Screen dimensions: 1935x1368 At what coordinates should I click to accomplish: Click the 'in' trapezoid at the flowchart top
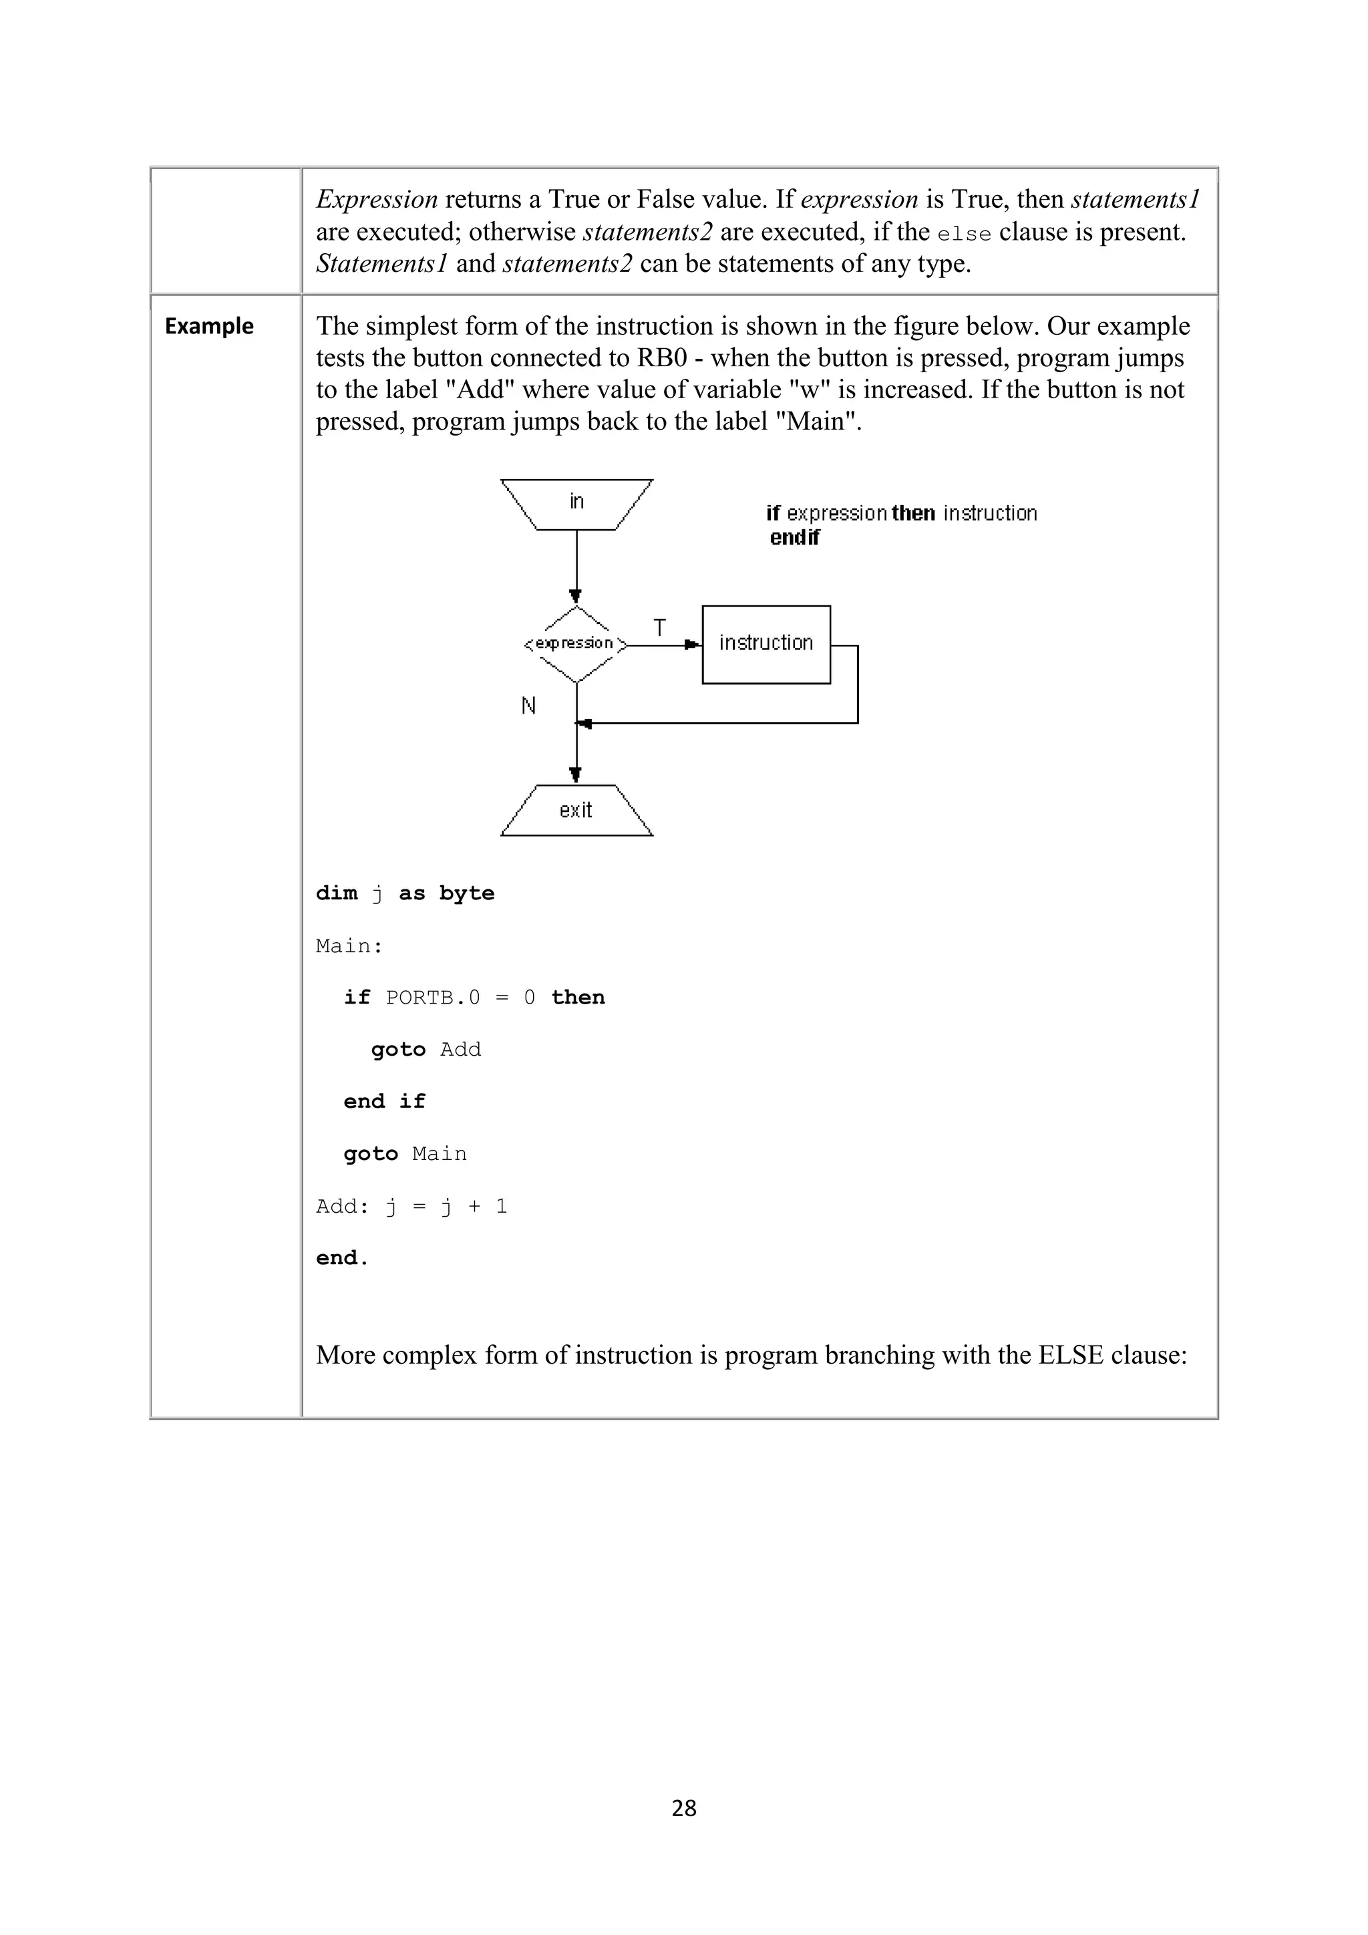tap(576, 503)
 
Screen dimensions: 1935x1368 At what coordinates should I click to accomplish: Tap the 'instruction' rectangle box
tap(765, 644)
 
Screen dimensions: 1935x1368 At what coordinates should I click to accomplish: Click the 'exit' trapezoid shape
tap(576, 810)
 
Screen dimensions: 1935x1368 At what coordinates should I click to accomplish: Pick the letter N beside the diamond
tap(528, 706)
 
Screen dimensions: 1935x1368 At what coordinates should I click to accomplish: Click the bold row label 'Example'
tap(209, 326)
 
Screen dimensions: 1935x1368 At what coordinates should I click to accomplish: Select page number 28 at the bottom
tap(684, 1808)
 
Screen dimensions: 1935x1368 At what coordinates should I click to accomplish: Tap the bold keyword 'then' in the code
tap(578, 998)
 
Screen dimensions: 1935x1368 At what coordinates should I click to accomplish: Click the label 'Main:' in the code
tap(349, 946)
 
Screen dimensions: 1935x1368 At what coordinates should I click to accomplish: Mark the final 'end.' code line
tap(342, 1258)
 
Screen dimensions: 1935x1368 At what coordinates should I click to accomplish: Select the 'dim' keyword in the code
tap(336, 893)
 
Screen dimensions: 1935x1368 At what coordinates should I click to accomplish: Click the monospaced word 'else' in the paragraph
tap(964, 233)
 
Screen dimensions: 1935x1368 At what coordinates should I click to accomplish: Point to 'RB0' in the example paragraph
tap(661, 358)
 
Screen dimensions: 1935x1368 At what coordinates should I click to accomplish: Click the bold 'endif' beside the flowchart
tap(794, 538)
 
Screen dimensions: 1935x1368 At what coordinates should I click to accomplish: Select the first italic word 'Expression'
tap(377, 200)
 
